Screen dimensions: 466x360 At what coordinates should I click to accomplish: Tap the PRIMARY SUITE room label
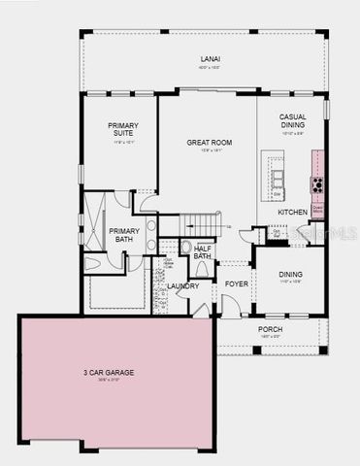click(x=123, y=130)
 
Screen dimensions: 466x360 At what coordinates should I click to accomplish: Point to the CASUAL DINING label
click(x=292, y=121)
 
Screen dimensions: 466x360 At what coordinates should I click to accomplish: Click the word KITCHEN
click(x=293, y=211)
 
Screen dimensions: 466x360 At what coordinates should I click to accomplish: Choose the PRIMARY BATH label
click(x=125, y=235)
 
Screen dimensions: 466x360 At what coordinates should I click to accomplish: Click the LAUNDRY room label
click(x=182, y=285)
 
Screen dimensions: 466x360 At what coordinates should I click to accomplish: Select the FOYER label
click(x=237, y=284)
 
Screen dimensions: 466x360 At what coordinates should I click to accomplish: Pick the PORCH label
click(x=270, y=329)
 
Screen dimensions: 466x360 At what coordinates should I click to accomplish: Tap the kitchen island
click(x=278, y=177)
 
